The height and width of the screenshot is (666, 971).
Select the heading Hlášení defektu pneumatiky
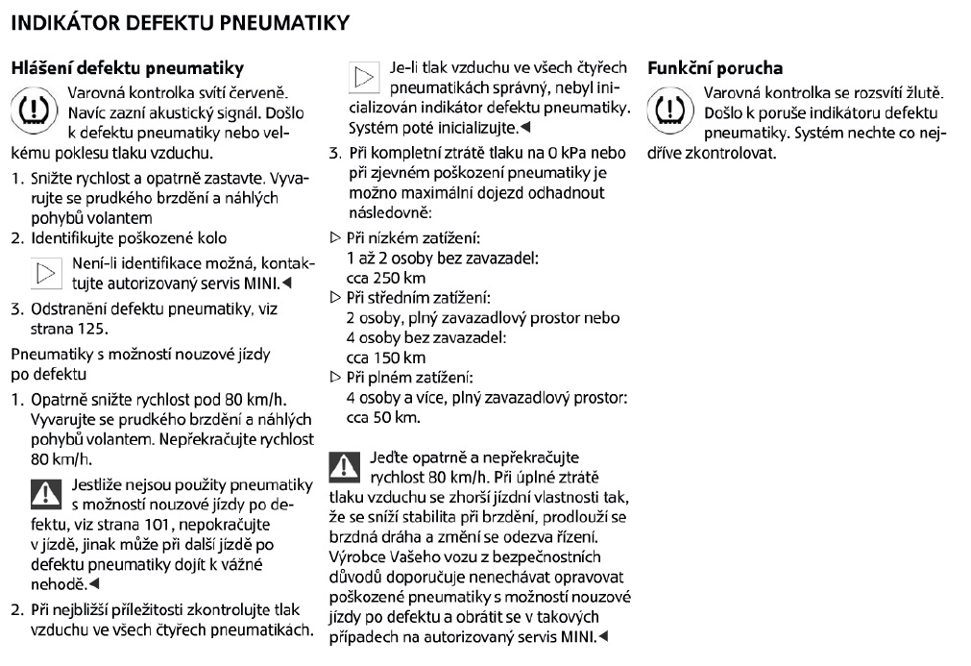click(126, 69)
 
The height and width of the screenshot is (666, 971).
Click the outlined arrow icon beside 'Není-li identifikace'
click(45, 272)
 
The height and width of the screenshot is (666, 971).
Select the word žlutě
click(923, 92)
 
